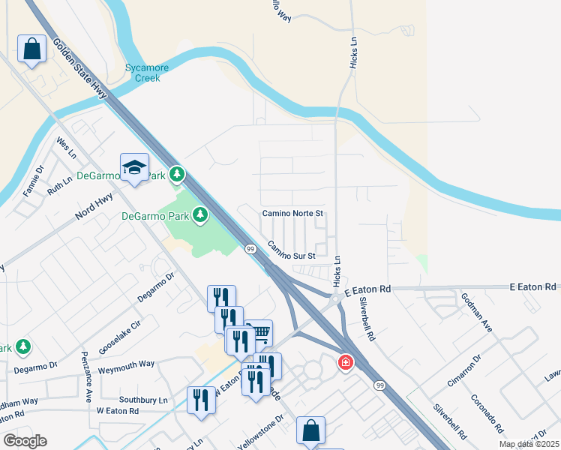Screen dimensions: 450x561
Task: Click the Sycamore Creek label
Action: click(x=147, y=73)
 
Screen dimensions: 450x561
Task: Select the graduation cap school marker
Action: click(x=135, y=167)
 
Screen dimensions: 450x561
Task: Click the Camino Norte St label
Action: click(x=292, y=214)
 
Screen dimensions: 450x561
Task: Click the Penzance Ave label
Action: click(x=87, y=374)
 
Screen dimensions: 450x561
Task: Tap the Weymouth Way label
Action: click(x=126, y=364)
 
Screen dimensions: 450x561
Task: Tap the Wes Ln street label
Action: click(x=67, y=146)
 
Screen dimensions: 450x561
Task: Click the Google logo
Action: click(x=25, y=441)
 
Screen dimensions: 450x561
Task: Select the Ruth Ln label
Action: click(x=59, y=186)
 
